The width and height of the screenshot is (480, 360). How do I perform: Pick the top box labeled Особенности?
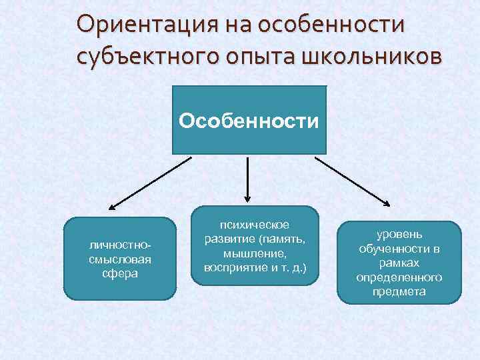point(249,120)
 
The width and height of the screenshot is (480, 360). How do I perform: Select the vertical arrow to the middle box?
point(248,178)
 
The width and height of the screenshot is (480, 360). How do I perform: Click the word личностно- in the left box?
point(120,245)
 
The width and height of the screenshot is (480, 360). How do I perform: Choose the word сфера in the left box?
point(120,272)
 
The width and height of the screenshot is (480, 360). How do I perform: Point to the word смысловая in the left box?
point(120,259)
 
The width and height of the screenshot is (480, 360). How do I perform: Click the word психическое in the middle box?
point(255,227)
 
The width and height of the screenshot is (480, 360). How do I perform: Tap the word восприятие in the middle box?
point(235,267)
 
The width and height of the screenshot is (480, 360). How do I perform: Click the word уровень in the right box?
point(399,235)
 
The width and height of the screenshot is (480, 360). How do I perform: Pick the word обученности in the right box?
point(393,249)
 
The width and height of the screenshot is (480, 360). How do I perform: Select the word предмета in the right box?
point(399,291)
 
